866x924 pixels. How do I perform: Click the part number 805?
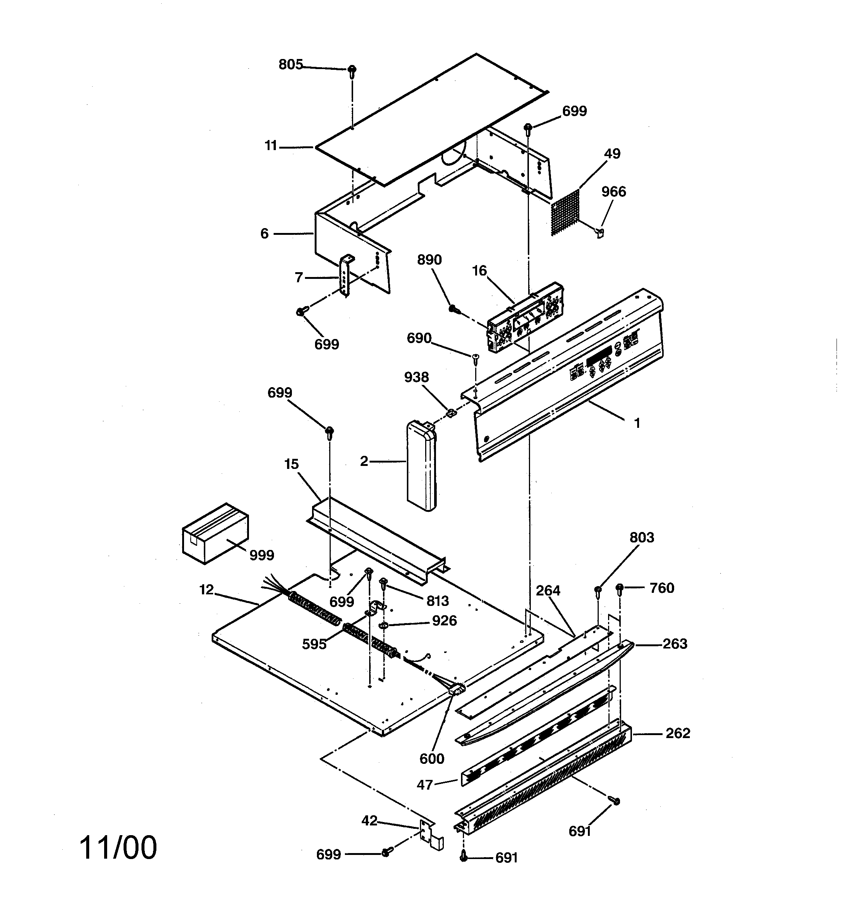[290, 65]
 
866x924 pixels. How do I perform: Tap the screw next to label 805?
[352, 71]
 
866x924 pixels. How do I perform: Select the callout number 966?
[613, 192]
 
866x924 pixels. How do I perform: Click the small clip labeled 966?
[600, 231]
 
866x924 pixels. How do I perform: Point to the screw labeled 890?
[453, 309]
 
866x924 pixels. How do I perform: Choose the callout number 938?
[416, 377]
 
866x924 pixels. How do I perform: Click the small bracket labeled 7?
[345, 275]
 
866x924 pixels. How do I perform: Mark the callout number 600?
[432, 759]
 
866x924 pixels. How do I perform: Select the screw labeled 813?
[384, 582]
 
